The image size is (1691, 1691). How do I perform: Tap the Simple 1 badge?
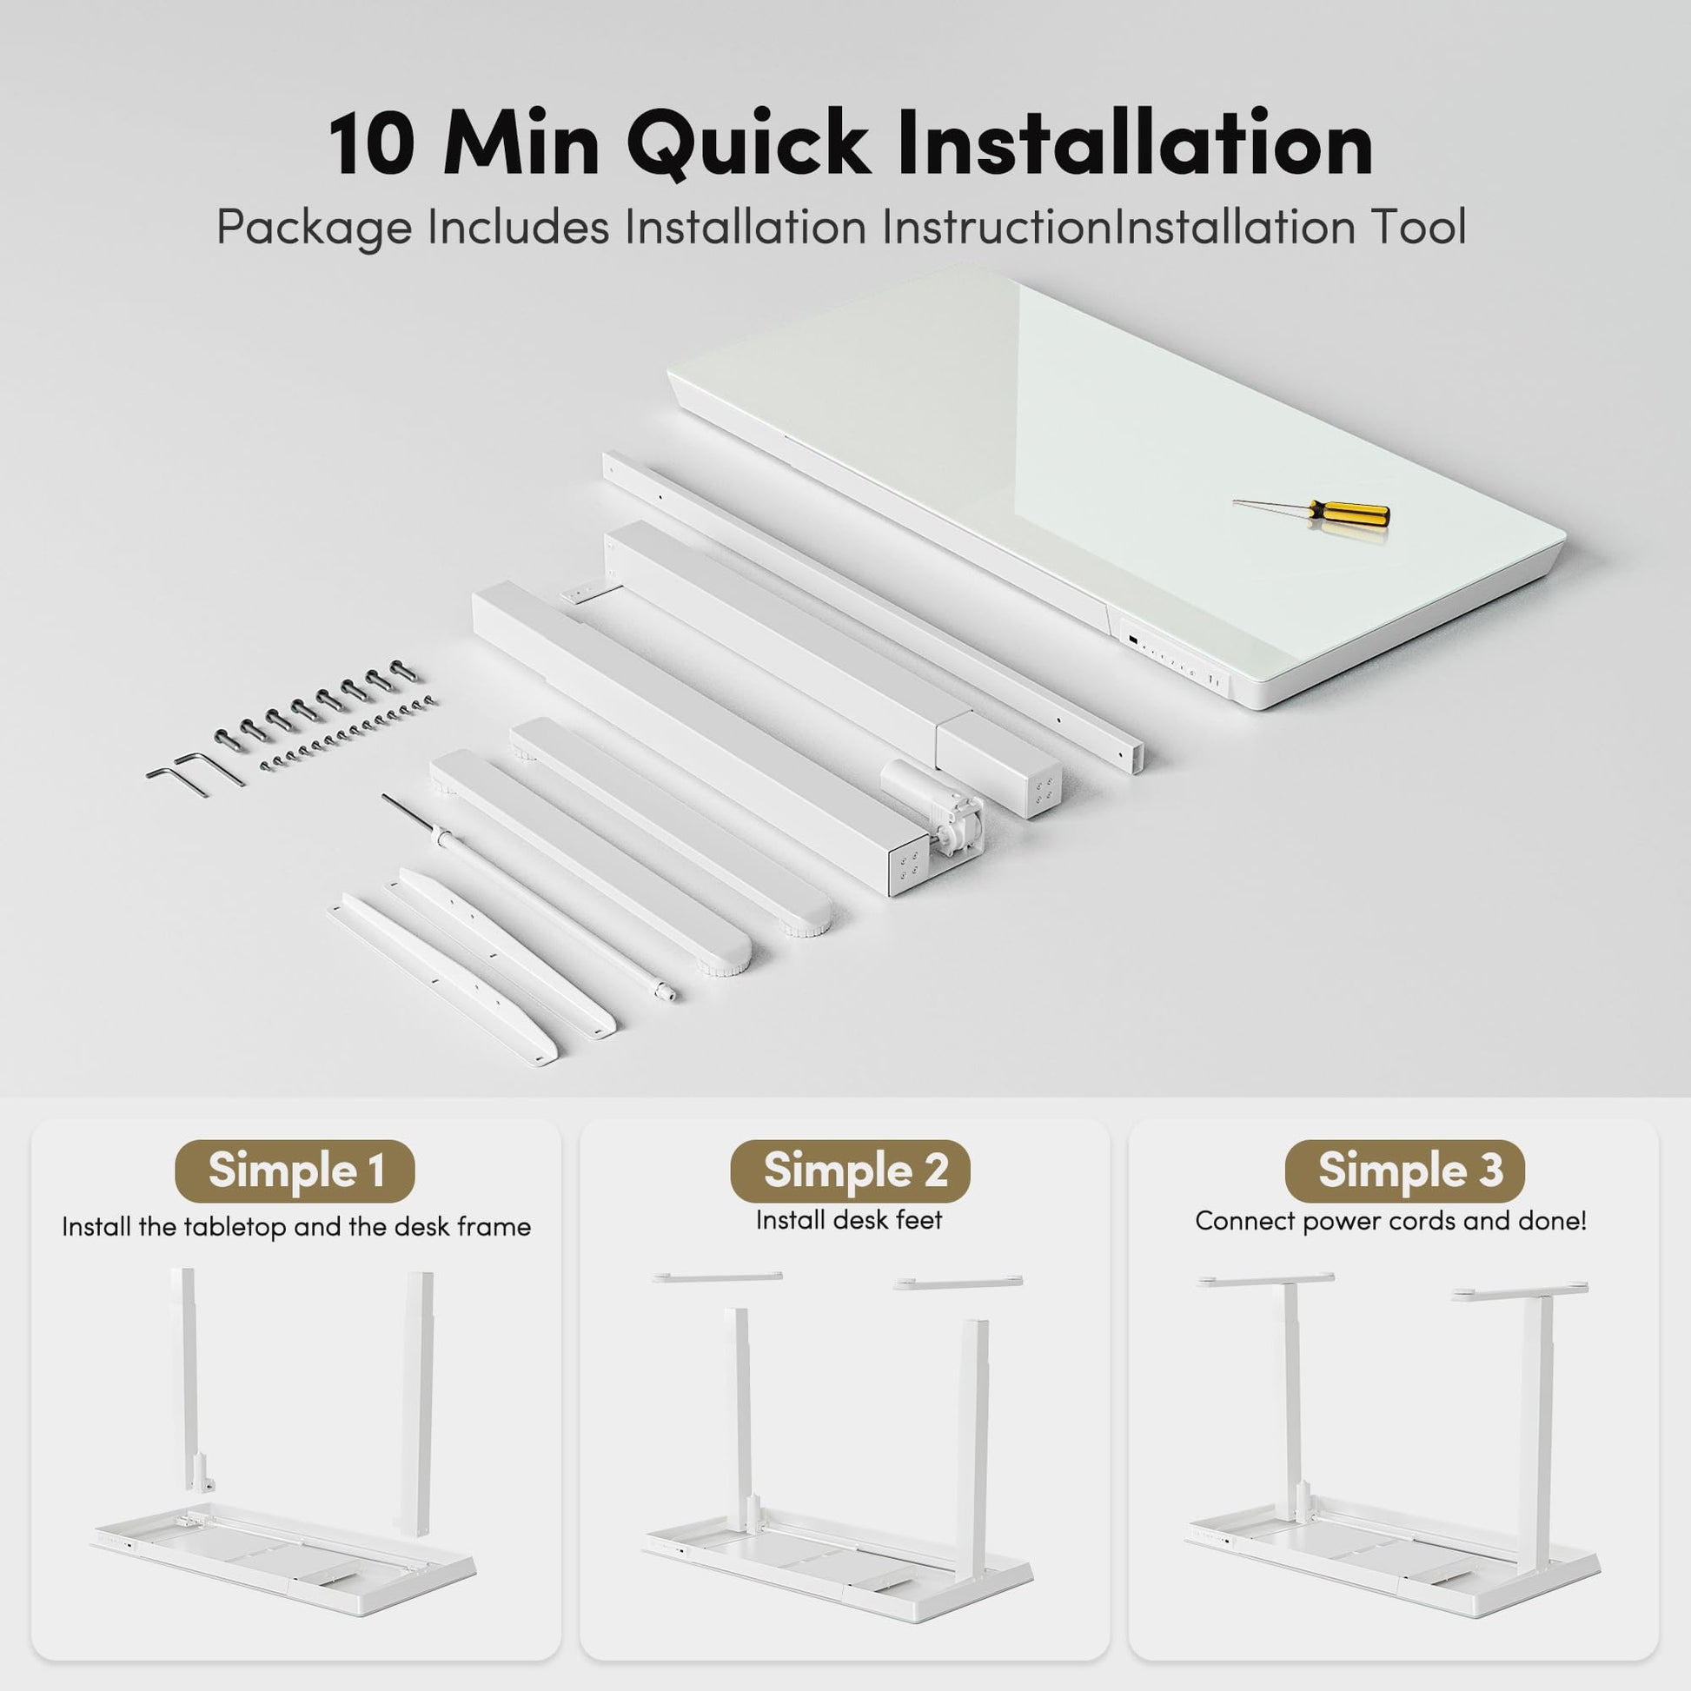pyautogui.click(x=295, y=1171)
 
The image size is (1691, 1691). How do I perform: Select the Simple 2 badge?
pyautogui.click(x=850, y=1171)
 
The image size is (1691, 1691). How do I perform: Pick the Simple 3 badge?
pyautogui.click(x=1405, y=1171)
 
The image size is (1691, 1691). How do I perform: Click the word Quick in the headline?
pyautogui.click(x=747, y=144)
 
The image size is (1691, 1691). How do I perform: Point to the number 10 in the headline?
pyautogui.click(x=372, y=144)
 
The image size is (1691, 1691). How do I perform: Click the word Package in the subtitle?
pyautogui.click(x=314, y=229)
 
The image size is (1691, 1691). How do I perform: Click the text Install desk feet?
pyautogui.click(x=849, y=1220)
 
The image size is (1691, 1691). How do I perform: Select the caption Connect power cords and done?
pyautogui.click(x=1391, y=1221)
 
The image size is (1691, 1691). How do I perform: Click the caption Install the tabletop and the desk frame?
pyautogui.click(x=295, y=1227)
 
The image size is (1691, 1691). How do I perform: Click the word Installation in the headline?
pyautogui.click(x=1135, y=144)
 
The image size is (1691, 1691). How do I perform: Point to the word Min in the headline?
pyautogui.click(x=522, y=144)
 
